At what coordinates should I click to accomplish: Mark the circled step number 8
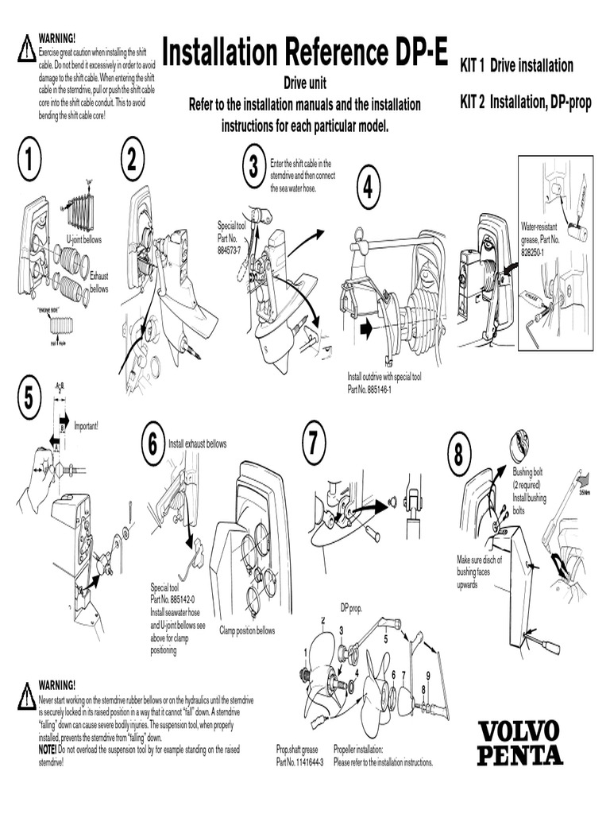[x=459, y=454]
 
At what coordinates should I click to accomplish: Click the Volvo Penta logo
[x=519, y=742]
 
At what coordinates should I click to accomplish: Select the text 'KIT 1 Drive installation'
[x=516, y=66]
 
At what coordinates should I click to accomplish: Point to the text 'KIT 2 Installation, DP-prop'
[x=525, y=102]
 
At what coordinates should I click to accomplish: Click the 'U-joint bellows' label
[x=83, y=238]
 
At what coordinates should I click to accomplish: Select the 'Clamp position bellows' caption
[x=247, y=630]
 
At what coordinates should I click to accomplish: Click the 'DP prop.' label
[x=351, y=607]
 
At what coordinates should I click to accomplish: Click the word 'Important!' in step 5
[x=87, y=425]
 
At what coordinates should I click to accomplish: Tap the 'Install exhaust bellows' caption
[x=197, y=444]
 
